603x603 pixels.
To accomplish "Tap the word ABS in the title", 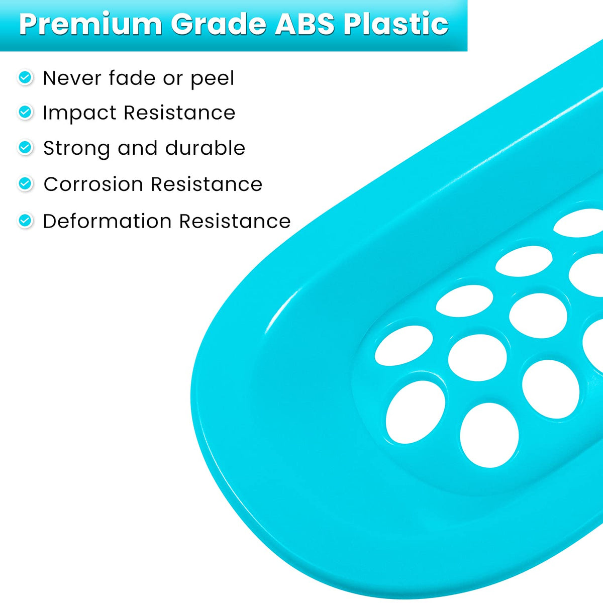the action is (305, 24).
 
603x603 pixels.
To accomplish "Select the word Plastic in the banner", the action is (396, 23).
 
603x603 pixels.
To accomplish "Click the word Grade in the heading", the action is (219, 24).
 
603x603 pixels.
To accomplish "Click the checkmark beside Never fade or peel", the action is (25, 77).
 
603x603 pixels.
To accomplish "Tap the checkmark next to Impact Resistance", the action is (25, 112).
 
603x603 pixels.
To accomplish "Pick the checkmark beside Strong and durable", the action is (25, 147).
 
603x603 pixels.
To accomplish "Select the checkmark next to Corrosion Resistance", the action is (25, 183).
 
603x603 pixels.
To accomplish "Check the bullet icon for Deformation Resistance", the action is (25, 221).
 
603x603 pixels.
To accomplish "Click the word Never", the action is (72, 78).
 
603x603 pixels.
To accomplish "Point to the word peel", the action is (213, 79).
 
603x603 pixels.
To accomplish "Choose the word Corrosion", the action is (93, 184).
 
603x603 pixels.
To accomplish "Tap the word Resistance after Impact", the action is (179, 113).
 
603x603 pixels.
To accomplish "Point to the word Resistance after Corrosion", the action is (207, 184).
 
